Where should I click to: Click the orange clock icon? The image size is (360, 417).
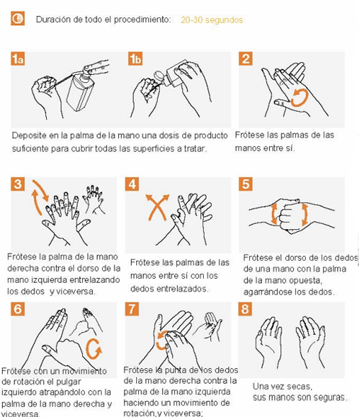[x=17, y=18]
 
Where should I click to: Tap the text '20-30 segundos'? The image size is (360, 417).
[x=212, y=20]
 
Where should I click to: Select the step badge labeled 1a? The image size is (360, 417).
[x=17, y=59]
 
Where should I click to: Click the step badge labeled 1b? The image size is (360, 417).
[x=135, y=59]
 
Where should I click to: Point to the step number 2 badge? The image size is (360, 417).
[x=246, y=59]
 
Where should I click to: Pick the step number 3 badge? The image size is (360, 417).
[x=17, y=184]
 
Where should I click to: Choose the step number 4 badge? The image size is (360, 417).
[x=132, y=184]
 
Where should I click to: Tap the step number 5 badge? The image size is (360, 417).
[x=246, y=184]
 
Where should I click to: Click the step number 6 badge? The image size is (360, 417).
[x=17, y=309]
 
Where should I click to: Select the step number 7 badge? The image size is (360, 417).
[x=132, y=309]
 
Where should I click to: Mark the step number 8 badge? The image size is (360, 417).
[x=245, y=309]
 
